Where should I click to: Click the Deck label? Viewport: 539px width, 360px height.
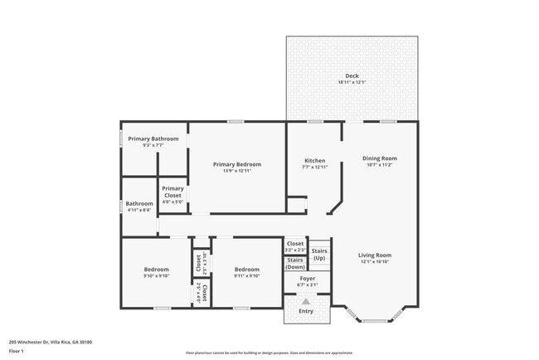[x=352, y=75]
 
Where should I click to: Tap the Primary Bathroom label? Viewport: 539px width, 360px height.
[x=153, y=139]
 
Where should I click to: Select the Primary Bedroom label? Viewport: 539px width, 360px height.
[x=236, y=164]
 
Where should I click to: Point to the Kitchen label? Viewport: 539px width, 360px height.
[x=314, y=161]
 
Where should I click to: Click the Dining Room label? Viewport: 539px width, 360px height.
[x=380, y=158]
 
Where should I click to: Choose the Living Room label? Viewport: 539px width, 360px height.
[x=375, y=255]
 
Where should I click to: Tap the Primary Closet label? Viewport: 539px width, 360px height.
[x=172, y=192]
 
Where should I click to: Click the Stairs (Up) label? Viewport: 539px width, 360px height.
[x=319, y=254]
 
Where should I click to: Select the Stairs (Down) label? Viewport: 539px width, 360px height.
[x=295, y=264]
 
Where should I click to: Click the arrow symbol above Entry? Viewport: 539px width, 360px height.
[x=306, y=302]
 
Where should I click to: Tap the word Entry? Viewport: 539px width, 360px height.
[x=306, y=311]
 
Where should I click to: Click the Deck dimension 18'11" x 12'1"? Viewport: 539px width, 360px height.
[x=352, y=82]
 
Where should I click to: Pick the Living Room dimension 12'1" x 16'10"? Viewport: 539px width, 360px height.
[x=375, y=261]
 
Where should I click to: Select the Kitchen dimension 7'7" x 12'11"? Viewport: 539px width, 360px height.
[x=314, y=168]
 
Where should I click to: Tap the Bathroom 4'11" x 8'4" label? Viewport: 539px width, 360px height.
[x=139, y=207]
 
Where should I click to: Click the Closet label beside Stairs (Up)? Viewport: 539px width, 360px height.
[x=295, y=244]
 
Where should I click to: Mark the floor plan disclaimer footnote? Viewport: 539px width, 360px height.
[x=269, y=353]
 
